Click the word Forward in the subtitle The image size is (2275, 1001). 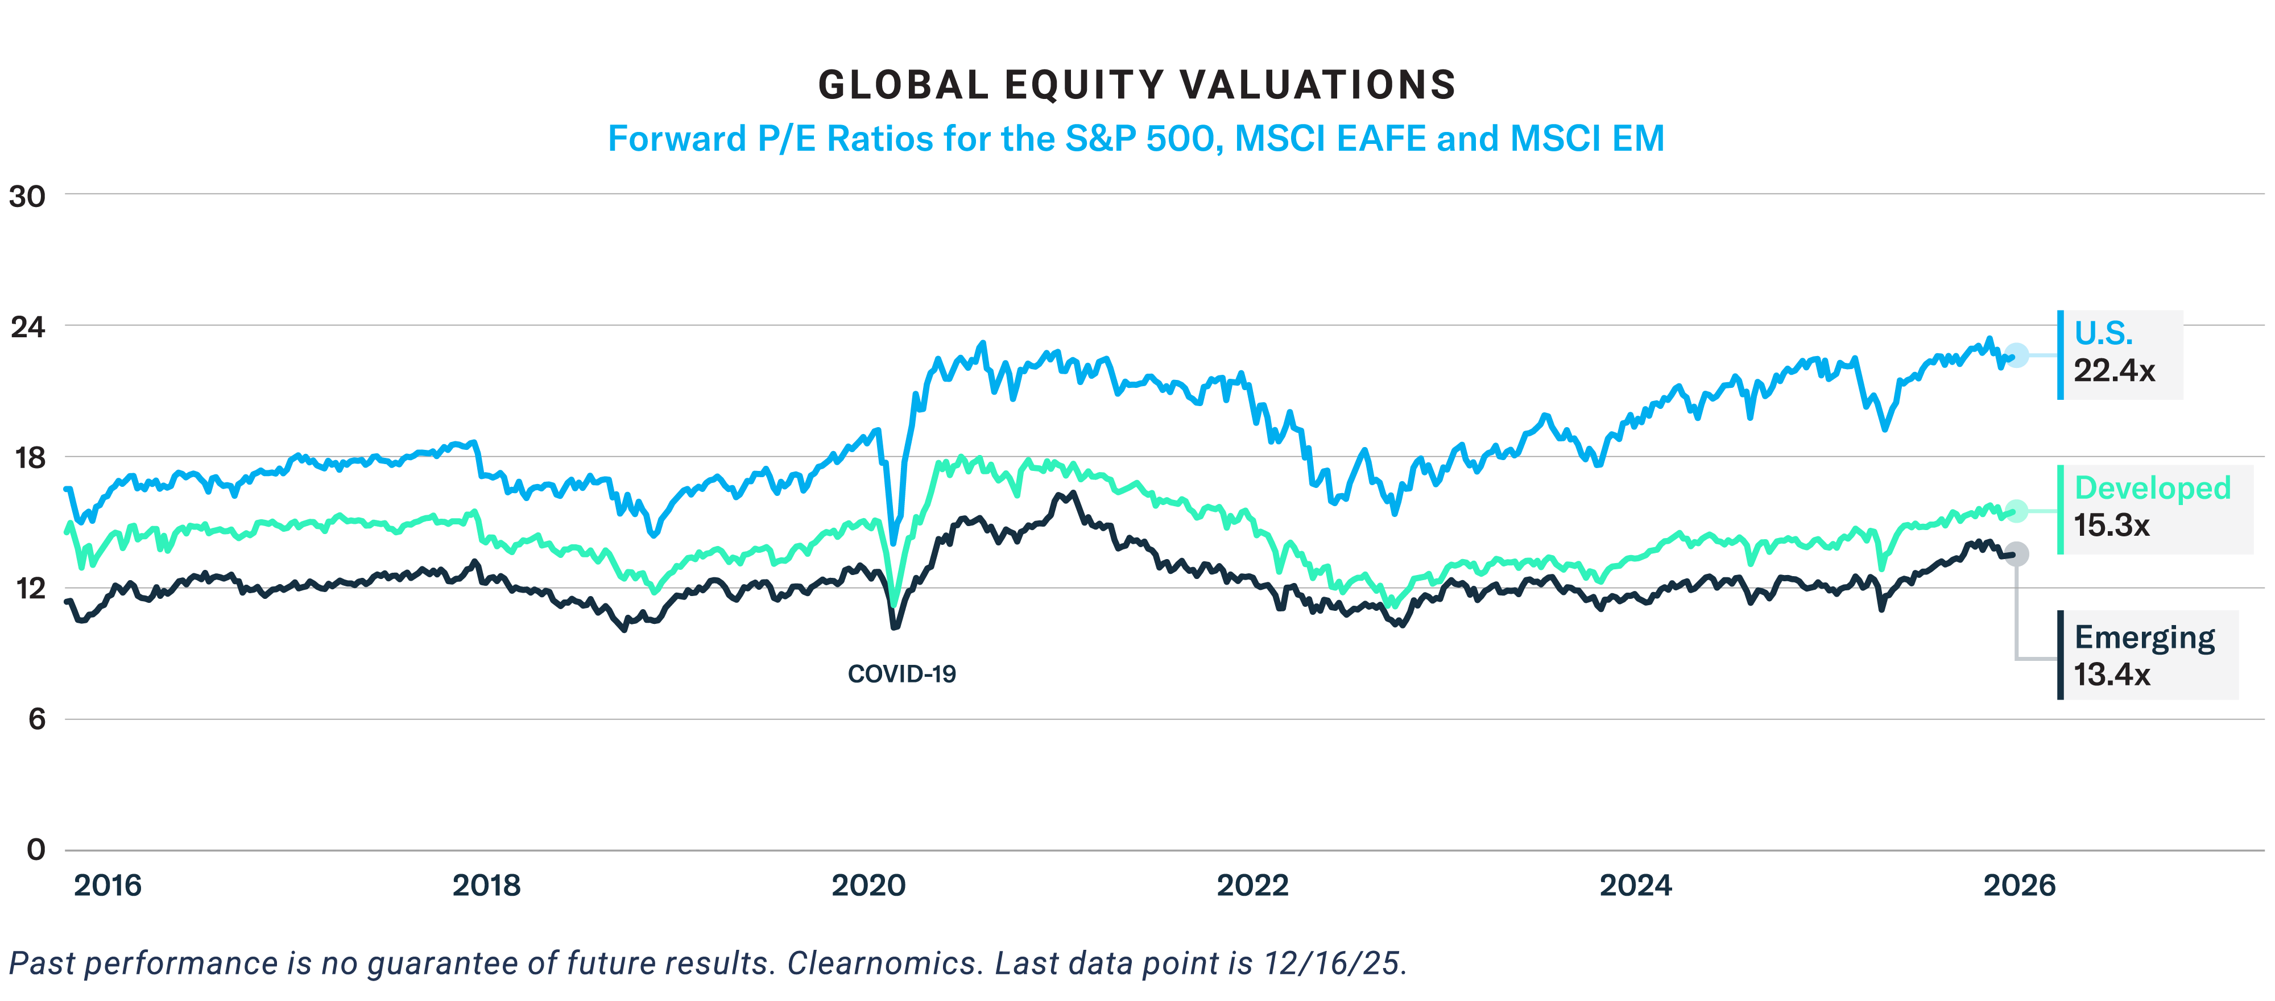click(x=676, y=139)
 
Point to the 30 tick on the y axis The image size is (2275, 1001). click(x=27, y=196)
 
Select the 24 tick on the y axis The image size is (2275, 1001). click(x=27, y=327)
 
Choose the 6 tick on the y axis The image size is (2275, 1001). click(x=36, y=719)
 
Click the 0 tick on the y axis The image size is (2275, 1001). click(x=36, y=850)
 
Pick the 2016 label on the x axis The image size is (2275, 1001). click(x=107, y=886)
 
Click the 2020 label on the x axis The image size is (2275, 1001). click(x=868, y=886)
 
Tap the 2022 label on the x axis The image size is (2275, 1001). click(x=1252, y=886)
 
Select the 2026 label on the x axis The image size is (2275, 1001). click(x=2019, y=886)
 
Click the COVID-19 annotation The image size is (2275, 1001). click(x=901, y=674)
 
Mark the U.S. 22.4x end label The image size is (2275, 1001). click(x=2118, y=353)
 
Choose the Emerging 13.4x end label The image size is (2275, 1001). click(x=2144, y=656)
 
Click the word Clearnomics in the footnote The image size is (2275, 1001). click(x=885, y=963)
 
